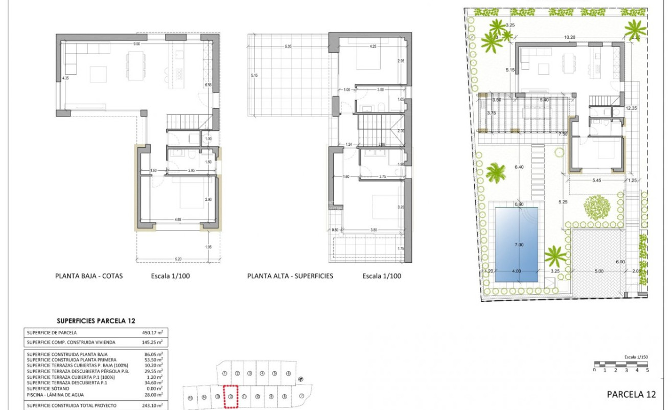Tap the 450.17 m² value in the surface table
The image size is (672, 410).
(152, 333)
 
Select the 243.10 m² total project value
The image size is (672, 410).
(152, 405)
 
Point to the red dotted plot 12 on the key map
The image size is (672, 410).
(231, 397)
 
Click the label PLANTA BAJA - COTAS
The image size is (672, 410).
(89, 276)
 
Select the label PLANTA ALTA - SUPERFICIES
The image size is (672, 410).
(290, 276)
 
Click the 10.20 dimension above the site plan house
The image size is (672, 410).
(570, 37)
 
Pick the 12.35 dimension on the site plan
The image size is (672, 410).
(632, 108)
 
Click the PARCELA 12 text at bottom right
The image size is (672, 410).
(631, 394)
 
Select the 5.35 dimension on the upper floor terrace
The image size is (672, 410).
(289, 47)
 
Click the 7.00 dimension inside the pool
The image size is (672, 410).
(519, 245)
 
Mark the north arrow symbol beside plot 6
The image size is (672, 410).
(301, 379)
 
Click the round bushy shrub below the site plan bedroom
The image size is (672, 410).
(596, 206)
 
